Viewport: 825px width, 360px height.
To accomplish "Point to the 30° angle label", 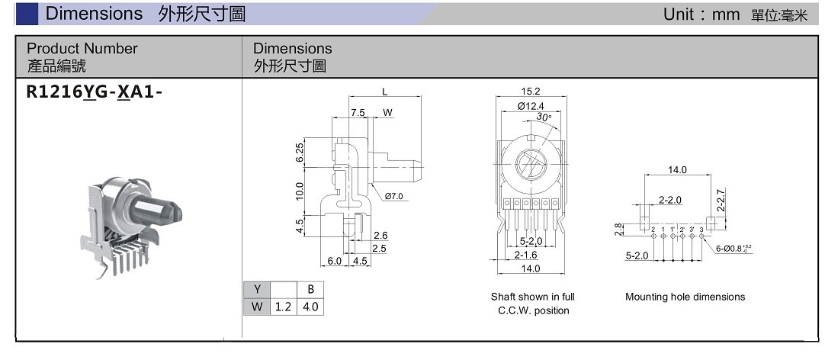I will point(543,117).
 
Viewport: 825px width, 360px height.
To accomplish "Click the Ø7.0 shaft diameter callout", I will point(393,197).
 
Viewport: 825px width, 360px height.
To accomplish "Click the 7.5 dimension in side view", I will point(358,113).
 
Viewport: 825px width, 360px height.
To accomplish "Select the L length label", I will point(385,92).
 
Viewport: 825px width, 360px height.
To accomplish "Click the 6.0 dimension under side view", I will point(335,261).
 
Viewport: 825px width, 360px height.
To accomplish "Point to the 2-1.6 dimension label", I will point(525,255).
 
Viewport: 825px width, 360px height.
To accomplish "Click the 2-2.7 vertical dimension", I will point(722,201).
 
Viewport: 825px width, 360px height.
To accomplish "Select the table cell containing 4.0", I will point(310,307).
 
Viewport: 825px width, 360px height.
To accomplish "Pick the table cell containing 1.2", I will point(283,307).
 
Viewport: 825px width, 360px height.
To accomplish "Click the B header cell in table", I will point(310,290).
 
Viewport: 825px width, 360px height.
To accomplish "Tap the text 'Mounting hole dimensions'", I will point(685,297).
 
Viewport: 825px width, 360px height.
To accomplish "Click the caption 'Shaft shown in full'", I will point(533,297).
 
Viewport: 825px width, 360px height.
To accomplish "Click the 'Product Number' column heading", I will point(82,49).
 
